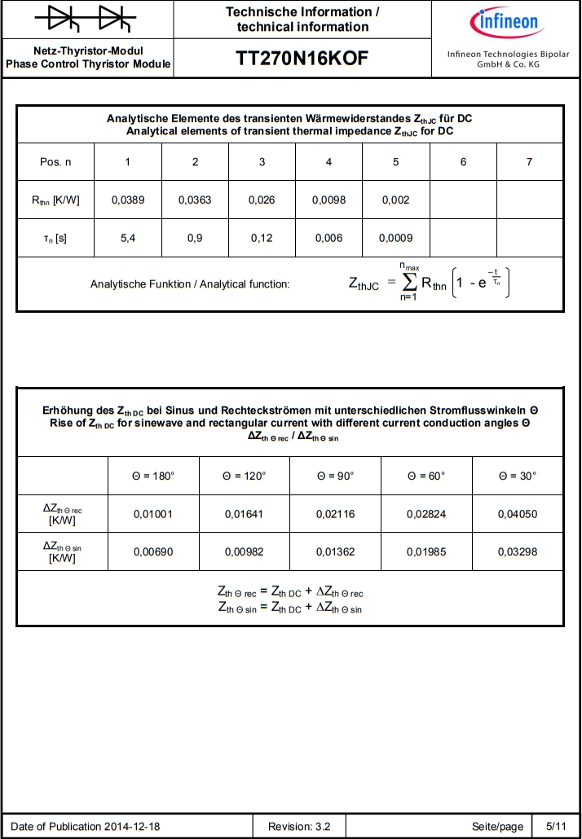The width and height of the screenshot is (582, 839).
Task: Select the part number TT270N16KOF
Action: [x=302, y=59]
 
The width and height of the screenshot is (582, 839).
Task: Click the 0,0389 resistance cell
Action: [x=128, y=200]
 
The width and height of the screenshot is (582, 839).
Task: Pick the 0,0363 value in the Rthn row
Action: [x=195, y=200]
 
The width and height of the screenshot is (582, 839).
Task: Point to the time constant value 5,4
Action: [x=128, y=239]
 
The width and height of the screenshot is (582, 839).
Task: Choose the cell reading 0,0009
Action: [x=396, y=239]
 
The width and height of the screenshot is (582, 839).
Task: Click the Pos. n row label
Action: [x=55, y=162]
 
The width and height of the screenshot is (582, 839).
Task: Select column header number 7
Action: [x=530, y=162]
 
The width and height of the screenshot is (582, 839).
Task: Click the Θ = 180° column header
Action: [x=153, y=476]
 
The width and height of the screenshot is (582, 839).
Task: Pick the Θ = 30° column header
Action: [x=518, y=476]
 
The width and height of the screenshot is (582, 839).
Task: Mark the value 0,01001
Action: [x=153, y=514]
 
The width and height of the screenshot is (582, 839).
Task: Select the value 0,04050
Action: [x=518, y=514]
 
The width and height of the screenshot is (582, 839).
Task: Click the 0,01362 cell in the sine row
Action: [x=336, y=552]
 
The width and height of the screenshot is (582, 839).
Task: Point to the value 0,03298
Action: [x=518, y=552]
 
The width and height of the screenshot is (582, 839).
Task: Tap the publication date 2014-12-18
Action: [x=132, y=827]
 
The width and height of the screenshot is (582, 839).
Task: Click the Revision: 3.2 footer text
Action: [x=299, y=827]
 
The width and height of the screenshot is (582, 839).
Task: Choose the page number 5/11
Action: [x=556, y=827]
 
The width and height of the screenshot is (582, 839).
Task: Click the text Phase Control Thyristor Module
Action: [x=88, y=64]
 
